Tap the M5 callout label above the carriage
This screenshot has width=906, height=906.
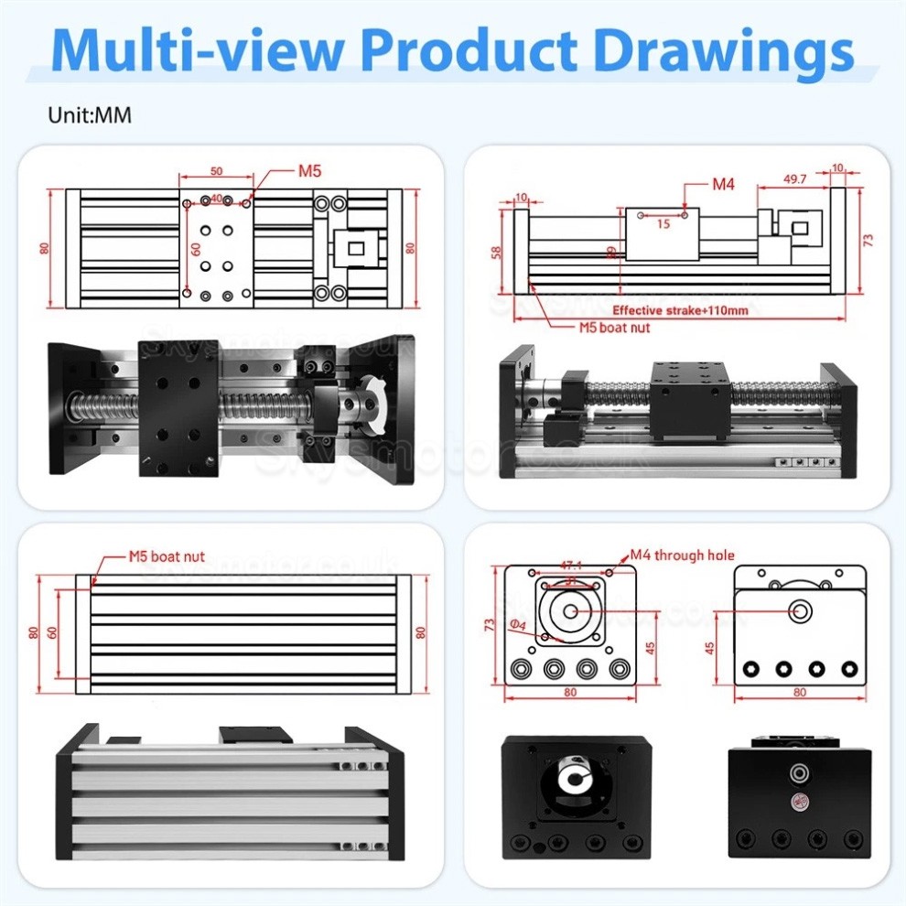(x=309, y=171)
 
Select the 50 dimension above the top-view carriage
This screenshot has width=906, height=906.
(x=217, y=171)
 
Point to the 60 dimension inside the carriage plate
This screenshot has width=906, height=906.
(x=195, y=247)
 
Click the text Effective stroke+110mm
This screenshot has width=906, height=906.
(x=680, y=311)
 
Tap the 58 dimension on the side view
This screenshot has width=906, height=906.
(x=494, y=251)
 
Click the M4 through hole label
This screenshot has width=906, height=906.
(x=682, y=555)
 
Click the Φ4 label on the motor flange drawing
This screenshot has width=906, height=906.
(x=518, y=624)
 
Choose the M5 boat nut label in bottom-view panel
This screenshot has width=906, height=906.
(x=166, y=555)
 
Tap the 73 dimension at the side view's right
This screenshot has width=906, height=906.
(x=868, y=240)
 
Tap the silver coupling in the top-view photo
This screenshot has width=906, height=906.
(x=353, y=404)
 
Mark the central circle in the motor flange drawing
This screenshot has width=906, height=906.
(x=571, y=612)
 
